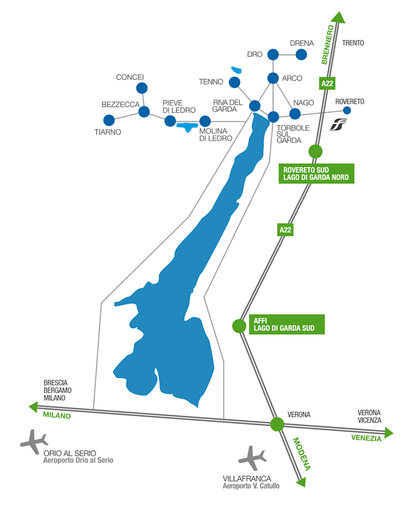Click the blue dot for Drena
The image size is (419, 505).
coord(301,55)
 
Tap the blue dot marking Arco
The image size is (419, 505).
coord(273,78)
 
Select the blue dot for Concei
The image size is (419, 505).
coord(142,88)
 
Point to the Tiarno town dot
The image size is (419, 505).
coord(109,120)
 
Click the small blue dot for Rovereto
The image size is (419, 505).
coord(347,111)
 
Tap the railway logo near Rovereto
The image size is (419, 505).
coord(338,124)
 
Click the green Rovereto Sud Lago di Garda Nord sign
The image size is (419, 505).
coord(317,173)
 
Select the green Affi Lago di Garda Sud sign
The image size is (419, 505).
coord(287,325)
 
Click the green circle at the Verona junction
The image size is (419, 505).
coord(277,424)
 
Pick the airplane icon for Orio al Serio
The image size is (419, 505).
coord(34,441)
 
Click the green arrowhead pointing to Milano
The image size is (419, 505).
coord(33,407)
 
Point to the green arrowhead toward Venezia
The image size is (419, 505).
coord(389,433)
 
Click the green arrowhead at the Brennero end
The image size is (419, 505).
coord(339,18)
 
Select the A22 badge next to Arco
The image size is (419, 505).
coord(327,83)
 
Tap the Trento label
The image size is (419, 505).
coord(353,43)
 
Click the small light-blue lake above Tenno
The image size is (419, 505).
coord(236,70)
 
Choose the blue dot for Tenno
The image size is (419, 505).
coord(234,82)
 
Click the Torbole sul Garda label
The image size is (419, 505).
coord(293,134)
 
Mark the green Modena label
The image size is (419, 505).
coord(301,454)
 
